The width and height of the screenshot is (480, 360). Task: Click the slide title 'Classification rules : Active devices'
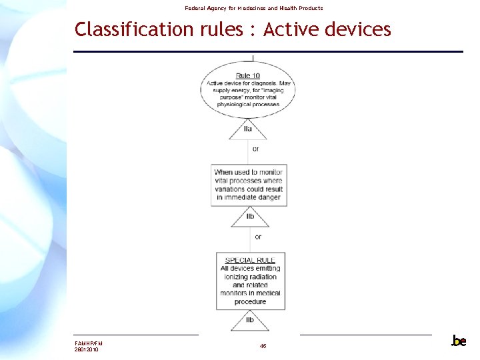233,29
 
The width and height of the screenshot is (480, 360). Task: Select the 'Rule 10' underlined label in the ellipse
247,75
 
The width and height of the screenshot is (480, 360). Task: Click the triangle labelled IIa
248,129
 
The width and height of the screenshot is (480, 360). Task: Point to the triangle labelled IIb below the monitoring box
250,217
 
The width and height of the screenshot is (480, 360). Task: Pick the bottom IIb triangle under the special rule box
250,320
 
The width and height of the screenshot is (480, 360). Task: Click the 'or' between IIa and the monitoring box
256,149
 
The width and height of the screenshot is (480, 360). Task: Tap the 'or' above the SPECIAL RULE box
258,237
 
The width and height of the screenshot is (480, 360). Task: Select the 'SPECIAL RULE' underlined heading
250,260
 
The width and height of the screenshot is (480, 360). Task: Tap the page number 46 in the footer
263,346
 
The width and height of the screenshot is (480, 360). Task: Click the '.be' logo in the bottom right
459,341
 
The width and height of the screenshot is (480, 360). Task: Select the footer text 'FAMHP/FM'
89,343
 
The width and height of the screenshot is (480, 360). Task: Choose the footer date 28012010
87,349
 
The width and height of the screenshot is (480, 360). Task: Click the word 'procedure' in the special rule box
250,301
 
